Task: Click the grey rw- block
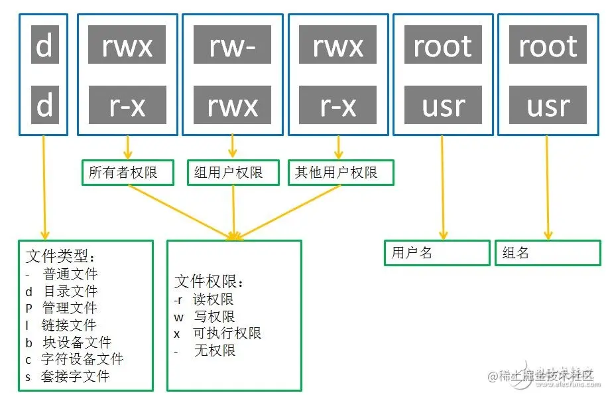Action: [233, 44]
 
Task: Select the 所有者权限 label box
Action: [127, 173]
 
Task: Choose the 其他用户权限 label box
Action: [341, 173]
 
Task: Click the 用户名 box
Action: [436, 253]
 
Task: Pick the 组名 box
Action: [547, 253]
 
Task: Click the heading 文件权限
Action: [210, 281]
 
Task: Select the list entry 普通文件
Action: [70, 274]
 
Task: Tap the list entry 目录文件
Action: [70, 291]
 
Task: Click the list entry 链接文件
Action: [69, 325]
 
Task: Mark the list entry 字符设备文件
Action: [82, 359]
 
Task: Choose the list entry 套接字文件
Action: [76, 376]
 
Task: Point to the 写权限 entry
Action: [214, 317]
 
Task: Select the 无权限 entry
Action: [214, 351]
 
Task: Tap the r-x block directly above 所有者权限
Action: [127, 105]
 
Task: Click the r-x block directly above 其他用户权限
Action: [338, 105]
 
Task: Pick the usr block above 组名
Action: [548, 105]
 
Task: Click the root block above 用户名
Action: [443, 44]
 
